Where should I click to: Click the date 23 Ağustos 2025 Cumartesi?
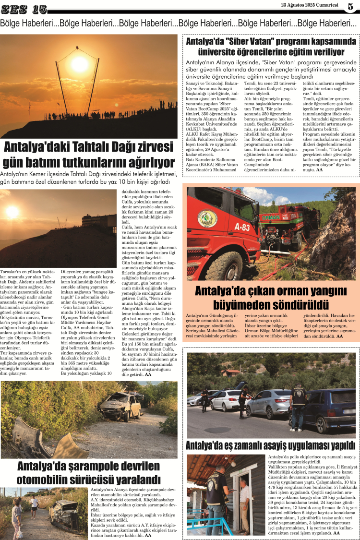(x=311, y=5)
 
